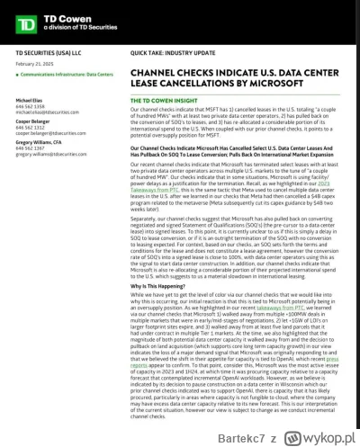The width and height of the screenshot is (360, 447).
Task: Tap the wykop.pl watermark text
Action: pos(329,433)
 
